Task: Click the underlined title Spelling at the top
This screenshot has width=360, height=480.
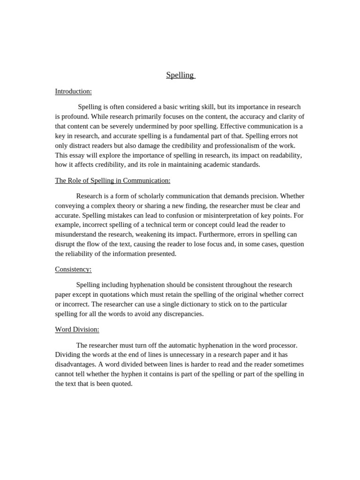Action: [x=180, y=75]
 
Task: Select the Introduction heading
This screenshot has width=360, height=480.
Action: [x=73, y=91]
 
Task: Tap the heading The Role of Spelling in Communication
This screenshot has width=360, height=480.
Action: [x=112, y=180]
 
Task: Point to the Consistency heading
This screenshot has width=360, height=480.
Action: [x=73, y=269]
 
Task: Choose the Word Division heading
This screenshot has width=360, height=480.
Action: [x=77, y=330]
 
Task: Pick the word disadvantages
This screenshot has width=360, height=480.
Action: [x=75, y=364]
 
